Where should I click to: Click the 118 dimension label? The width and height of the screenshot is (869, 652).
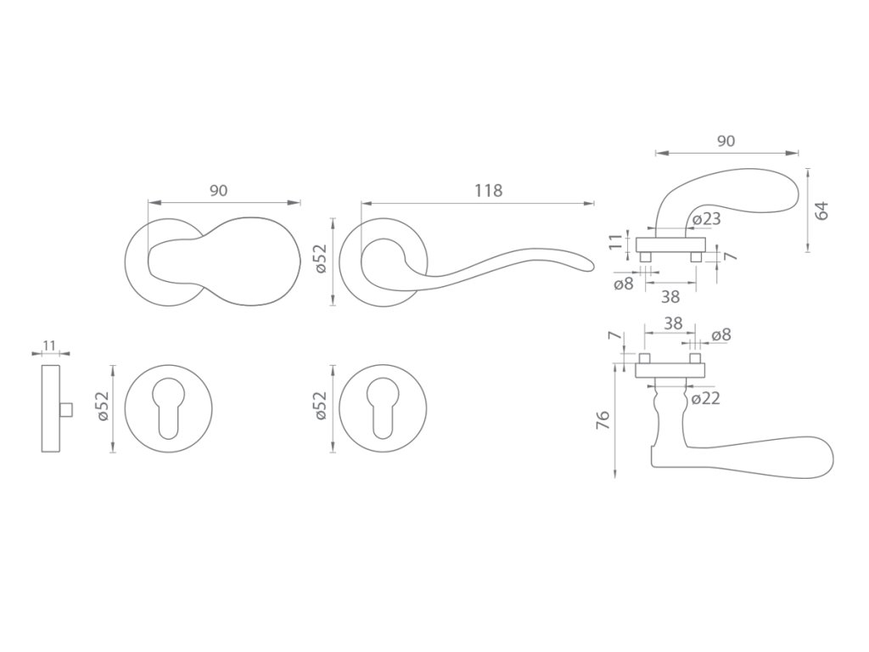click(489, 191)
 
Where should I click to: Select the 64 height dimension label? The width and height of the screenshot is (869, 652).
click(821, 210)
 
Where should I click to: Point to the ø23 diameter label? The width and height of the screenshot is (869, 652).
click(706, 219)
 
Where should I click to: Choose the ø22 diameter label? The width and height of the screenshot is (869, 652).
click(705, 397)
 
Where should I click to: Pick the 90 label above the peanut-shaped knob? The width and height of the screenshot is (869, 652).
click(218, 191)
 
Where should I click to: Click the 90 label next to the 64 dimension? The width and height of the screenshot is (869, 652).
click(726, 142)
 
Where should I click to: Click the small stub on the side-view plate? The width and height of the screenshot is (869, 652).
click(68, 411)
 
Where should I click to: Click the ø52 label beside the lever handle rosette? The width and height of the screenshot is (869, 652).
click(320, 259)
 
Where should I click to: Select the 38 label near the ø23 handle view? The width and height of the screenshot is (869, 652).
click(670, 296)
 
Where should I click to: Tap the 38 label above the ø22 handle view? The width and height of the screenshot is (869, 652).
click(673, 323)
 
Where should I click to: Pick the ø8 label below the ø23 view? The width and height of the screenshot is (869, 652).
click(624, 284)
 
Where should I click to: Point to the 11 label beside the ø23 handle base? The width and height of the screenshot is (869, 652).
click(617, 243)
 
